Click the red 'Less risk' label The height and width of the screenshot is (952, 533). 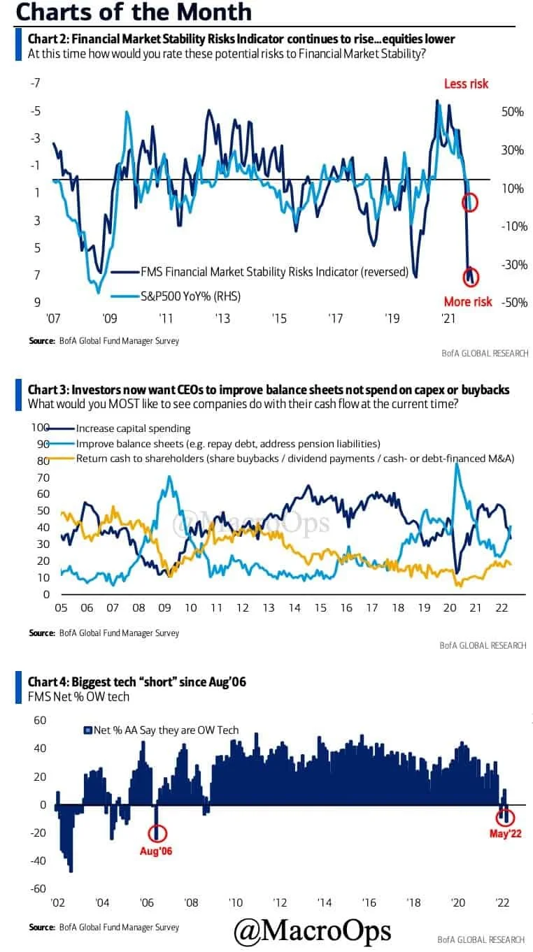pos(466,84)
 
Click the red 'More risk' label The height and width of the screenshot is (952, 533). pos(468,302)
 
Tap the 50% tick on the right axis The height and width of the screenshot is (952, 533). pos(512,112)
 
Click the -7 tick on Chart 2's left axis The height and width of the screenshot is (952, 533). pos(35,83)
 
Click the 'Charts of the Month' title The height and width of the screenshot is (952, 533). pos(133,12)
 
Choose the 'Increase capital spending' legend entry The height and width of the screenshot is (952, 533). pos(133,428)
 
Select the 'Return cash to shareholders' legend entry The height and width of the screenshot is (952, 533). pos(294,459)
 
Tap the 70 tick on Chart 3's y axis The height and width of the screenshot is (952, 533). pos(42,477)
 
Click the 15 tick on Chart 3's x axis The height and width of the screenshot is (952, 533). pos(320,608)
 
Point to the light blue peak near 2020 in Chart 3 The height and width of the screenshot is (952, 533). pos(457,465)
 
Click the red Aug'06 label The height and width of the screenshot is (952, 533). pos(156,851)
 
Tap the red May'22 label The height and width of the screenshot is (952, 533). pos(505,833)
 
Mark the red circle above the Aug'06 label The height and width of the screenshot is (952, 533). pos(157,832)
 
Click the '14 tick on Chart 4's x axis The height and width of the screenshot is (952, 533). pos(324,902)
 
